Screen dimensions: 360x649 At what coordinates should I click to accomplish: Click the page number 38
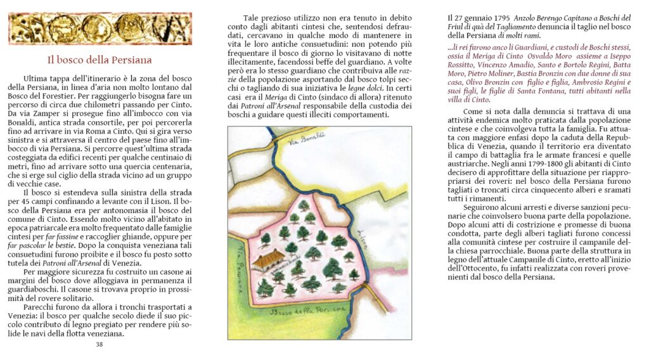[99, 344]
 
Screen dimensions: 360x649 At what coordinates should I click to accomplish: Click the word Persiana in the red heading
[129, 60]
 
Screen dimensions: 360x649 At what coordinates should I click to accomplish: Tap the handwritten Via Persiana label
[237, 259]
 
